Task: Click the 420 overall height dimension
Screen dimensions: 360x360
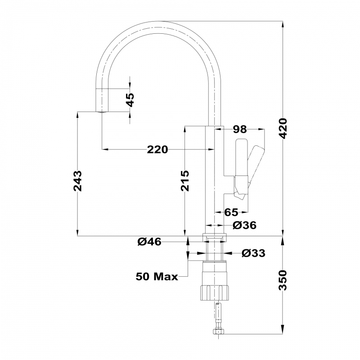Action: click(x=283, y=128)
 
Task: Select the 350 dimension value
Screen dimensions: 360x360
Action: click(x=283, y=280)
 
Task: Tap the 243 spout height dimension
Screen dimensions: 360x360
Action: click(x=77, y=181)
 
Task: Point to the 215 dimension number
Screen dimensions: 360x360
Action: click(x=185, y=181)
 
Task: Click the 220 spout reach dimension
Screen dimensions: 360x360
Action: click(x=157, y=150)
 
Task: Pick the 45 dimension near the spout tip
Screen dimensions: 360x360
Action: click(x=130, y=100)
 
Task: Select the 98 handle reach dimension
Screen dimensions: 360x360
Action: click(x=240, y=129)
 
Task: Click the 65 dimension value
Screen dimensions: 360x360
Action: click(x=231, y=212)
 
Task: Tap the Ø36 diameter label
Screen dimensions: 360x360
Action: click(x=244, y=225)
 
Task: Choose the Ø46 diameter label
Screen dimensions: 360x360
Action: click(x=149, y=242)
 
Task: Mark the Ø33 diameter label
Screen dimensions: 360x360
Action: click(x=253, y=253)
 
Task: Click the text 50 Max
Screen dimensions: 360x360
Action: click(x=157, y=276)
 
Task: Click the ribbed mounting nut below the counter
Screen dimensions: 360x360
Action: click(x=214, y=292)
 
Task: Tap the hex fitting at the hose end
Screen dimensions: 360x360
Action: click(x=218, y=332)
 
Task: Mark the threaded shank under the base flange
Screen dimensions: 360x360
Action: click(x=215, y=251)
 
